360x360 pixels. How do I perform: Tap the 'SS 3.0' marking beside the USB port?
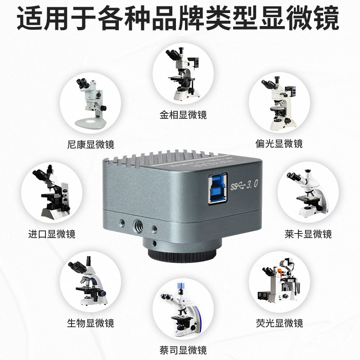pyautogui.click(x=243, y=184)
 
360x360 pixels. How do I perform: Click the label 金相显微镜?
pyautogui.click(x=183, y=115)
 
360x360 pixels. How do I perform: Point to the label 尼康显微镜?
pyautogui.click(x=90, y=144)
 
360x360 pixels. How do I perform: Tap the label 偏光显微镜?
pyautogui.click(x=279, y=144)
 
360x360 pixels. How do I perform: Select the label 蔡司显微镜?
pyautogui.click(x=183, y=350)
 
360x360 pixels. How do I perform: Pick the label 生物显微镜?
pyautogui.click(x=90, y=323)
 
